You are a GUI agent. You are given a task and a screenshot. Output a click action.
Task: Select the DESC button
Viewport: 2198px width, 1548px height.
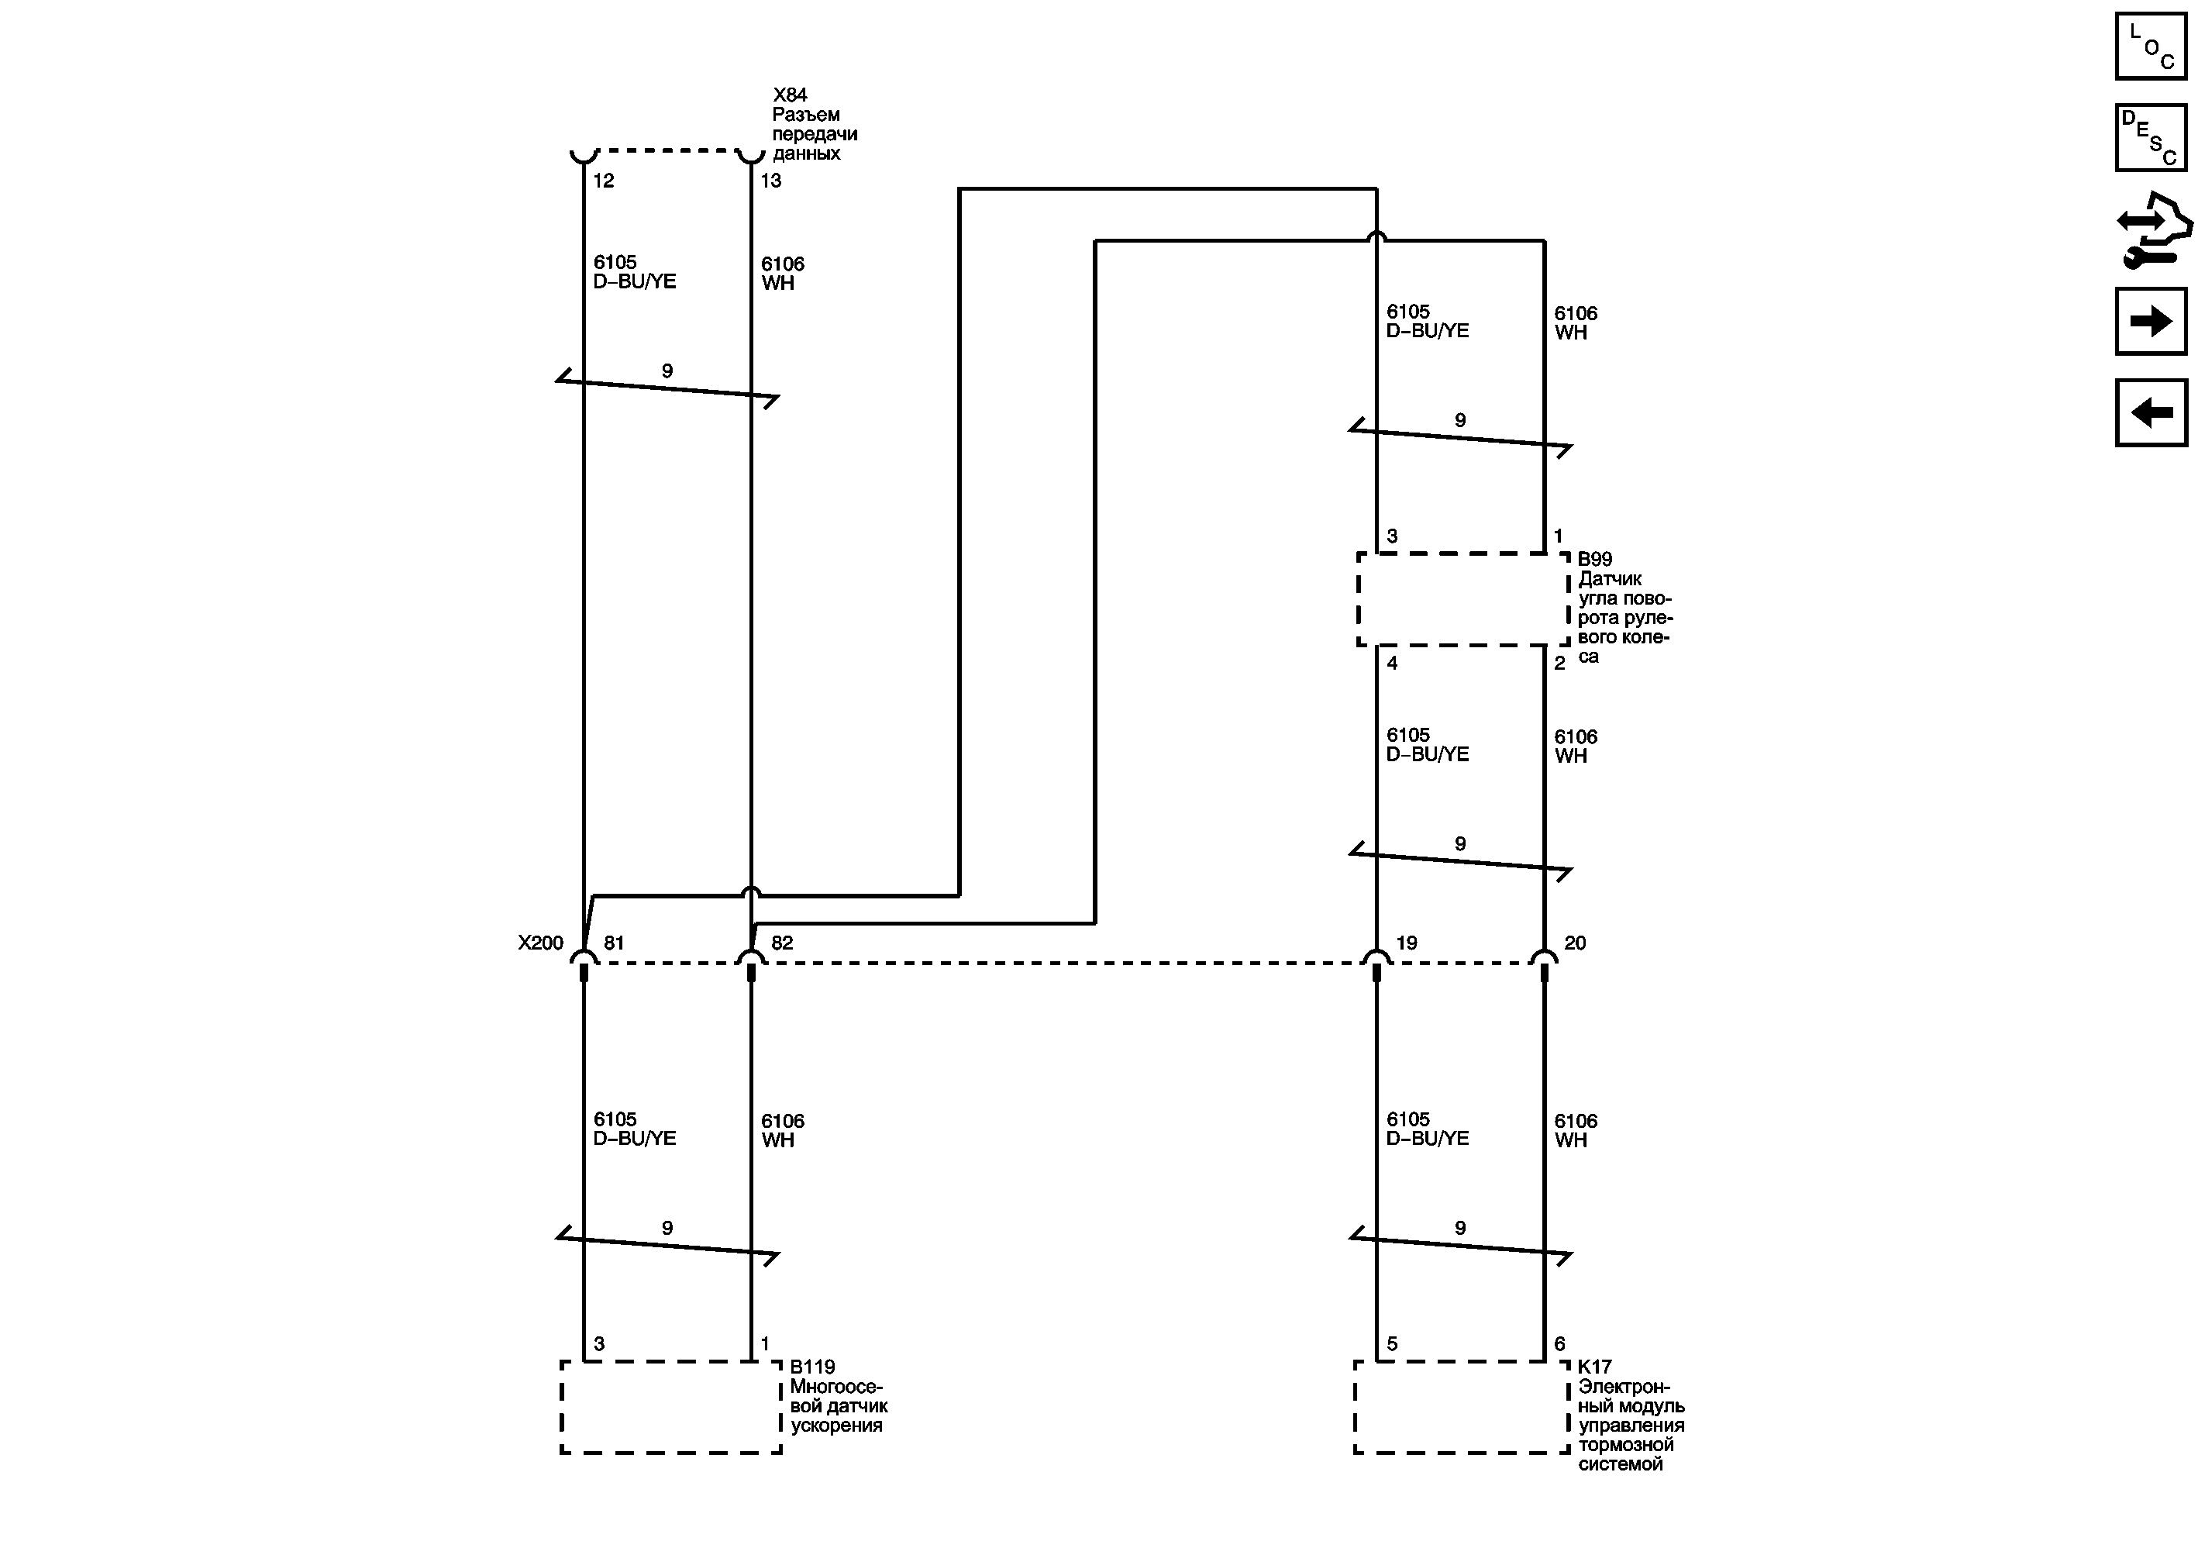tap(2150, 138)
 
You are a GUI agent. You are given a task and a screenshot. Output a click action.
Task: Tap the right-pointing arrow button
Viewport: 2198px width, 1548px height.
tap(2150, 321)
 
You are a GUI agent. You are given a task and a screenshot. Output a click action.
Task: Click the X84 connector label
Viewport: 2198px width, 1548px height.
tap(790, 95)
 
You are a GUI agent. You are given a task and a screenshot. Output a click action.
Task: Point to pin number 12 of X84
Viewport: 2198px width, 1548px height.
tap(603, 181)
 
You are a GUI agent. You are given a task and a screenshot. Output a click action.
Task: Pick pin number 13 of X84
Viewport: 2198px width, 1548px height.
tap(770, 181)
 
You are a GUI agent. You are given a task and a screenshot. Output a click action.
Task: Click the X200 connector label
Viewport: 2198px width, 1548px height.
tap(540, 943)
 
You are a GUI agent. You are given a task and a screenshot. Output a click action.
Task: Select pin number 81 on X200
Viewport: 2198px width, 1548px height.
tap(614, 943)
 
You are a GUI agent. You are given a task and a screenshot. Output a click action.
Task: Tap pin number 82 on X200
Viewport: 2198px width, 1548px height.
tap(781, 943)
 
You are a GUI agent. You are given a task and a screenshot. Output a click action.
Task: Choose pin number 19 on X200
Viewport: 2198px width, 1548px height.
tap(1406, 943)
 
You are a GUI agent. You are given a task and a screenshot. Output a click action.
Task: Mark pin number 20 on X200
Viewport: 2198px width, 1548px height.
tap(1575, 943)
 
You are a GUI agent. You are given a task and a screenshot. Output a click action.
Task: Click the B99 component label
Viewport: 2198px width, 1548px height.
tap(1594, 559)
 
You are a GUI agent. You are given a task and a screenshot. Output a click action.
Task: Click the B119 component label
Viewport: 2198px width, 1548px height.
tap(811, 1367)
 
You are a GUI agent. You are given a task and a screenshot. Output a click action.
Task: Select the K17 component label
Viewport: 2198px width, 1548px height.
tap(1594, 1367)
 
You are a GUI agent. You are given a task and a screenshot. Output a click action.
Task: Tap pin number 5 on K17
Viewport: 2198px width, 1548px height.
tap(1392, 1344)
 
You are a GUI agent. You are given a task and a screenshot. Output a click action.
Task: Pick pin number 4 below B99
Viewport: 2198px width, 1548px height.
tap(1392, 664)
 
